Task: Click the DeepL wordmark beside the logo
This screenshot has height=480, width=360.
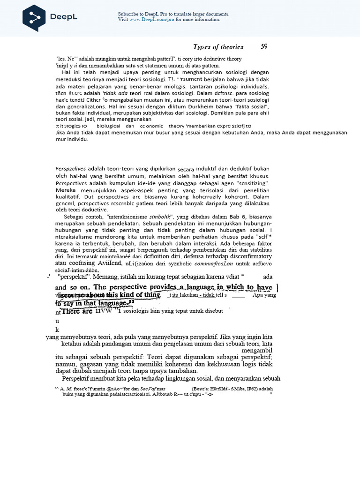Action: (64, 17)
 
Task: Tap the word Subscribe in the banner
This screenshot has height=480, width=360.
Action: (128, 14)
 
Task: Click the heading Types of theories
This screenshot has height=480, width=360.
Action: (218, 46)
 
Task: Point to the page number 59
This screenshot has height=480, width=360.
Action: (264, 46)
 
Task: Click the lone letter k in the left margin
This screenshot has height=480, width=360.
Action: (57, 330)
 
